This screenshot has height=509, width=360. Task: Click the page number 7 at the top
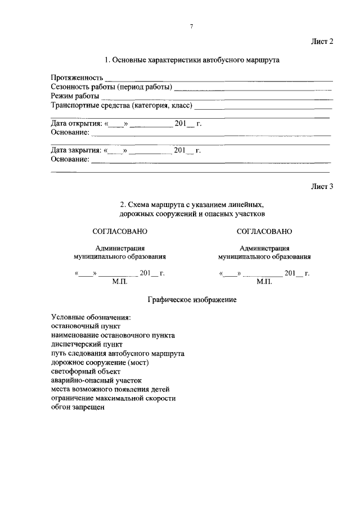[x=191, y=26]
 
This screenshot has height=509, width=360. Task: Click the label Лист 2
[x=322, y=42]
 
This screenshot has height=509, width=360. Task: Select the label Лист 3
[x=322, y=186]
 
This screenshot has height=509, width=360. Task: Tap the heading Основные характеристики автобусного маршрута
[x=192, y=60]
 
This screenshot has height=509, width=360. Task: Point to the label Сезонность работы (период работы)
[x=111, y=87]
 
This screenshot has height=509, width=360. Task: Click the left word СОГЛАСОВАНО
[x=120, y=231]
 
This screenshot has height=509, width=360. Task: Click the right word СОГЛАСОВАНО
[x=264, y=231]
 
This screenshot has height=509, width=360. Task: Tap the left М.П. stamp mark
[x=121, y=281]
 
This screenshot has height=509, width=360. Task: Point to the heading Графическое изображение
[x=192, y=300]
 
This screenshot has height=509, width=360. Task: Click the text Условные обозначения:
[x=91, y=317]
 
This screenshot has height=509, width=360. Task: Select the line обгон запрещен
[x=78, y=407]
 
